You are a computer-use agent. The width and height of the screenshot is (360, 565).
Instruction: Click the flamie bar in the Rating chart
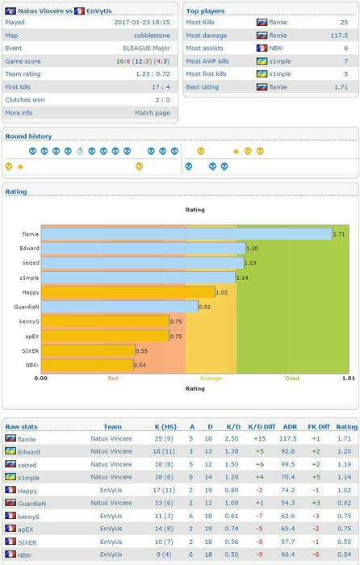point(186,234)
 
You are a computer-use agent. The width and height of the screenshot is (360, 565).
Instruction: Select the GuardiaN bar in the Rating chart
point(119,307)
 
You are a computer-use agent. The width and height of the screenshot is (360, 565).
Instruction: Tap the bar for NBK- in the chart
point(87,365)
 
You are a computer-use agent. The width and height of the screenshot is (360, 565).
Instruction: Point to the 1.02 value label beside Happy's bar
point(222,292)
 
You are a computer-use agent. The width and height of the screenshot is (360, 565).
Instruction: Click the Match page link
point(152,113)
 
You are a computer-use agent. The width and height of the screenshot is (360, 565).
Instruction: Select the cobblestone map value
point(152,36)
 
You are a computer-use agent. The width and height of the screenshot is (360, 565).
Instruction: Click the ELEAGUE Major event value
point(146,48)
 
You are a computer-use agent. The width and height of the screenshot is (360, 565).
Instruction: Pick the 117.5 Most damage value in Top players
point(339,36)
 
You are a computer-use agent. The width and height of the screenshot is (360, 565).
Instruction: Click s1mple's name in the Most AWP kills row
point(279,61)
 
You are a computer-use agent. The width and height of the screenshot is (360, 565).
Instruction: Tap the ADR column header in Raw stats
point(290,427)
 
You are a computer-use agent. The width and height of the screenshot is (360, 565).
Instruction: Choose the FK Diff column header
point(319,427)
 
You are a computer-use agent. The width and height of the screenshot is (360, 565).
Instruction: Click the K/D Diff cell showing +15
point(259,438)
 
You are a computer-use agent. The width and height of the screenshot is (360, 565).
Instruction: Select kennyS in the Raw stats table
point(28,517)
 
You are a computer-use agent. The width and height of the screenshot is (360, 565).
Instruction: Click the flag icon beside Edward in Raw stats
point(10,451)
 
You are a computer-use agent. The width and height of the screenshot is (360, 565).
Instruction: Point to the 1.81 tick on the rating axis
point(349,378)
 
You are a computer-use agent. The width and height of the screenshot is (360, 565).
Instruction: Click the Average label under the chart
point(211,378)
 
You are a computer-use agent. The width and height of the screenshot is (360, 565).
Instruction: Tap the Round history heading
point(28,136)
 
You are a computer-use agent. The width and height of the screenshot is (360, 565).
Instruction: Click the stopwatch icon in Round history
point(80,152)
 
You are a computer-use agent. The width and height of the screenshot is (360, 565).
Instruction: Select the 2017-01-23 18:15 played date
point(142,23)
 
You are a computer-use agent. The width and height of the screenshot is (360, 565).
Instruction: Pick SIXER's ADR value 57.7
point(288,542)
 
